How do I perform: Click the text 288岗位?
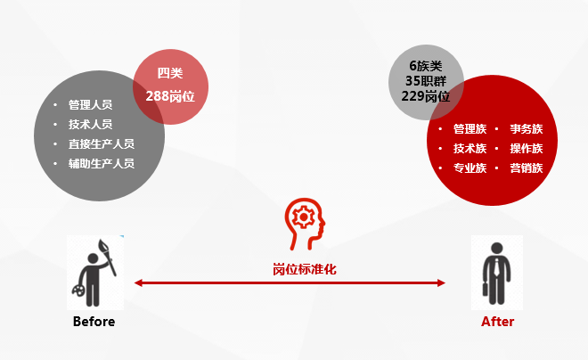pyautogui.click(x=170, y=96)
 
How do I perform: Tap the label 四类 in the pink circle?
pyautogui.click(x=170, y=73)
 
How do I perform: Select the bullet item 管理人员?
pyautogui.click(x=90, y=104)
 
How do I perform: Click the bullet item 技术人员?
pyautogui.click(x=90, y=124)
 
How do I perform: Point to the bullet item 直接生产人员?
pyautogui.click(x=102, y=144)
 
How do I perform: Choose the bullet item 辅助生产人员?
pyautogui.click(x=102, y=163)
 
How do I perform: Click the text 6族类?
pyautogui.click(x=426, y=66)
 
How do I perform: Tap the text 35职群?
pyautogui.click(x=426, y=81)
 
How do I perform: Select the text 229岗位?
pyautogui.click(x=426, y=96)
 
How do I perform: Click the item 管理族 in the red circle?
pyautogui.click(x=470, y=129)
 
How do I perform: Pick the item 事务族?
pyautogui.click(x=527, y=129)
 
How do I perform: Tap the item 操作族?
pyautogui.click(x=527, y=149)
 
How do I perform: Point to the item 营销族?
pyautogui.click(x=527, y=168)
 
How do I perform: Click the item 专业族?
pyautogui.click(x=470, y=168)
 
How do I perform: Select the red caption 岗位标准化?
pyautogui.click(x=305, y=269)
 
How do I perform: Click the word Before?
pyautogui.click(x=94, y=322)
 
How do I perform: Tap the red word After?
pyautogui.click(x=498, y=322)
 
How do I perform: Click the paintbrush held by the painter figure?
pyautogui.click(x=107, y=257)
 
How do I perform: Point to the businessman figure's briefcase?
pyautogui.click(x=486, y=289)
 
